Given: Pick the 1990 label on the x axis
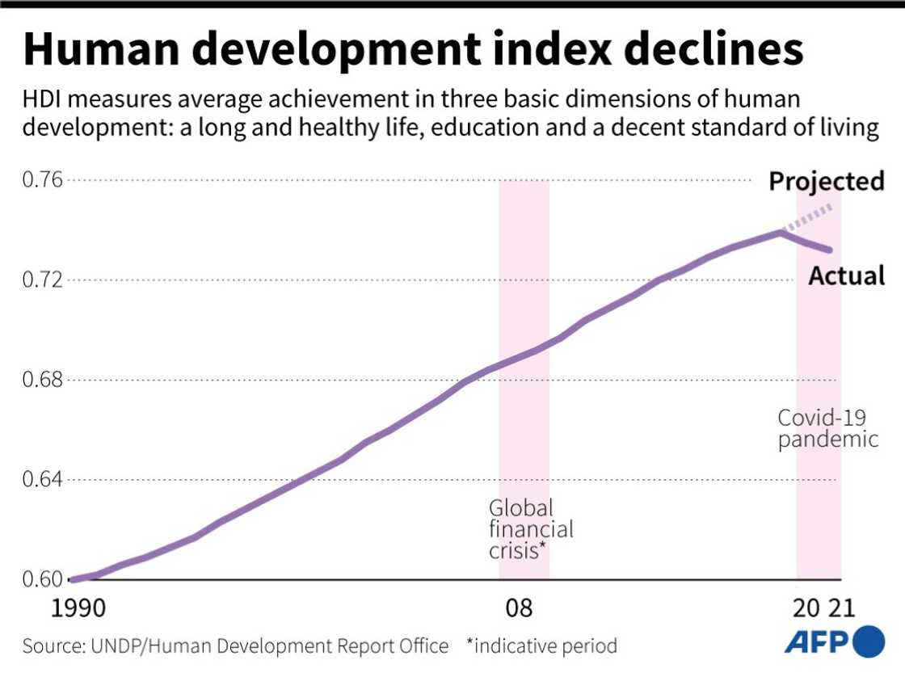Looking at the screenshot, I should point(78,608).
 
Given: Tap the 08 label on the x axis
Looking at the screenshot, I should point(518,608).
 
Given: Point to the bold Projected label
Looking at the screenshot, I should point(826,181).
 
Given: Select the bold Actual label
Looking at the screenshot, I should point(846,276).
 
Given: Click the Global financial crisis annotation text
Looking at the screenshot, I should point(530,529).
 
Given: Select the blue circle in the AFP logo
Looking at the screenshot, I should point(869,641).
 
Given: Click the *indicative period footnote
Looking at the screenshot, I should point(541,646).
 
